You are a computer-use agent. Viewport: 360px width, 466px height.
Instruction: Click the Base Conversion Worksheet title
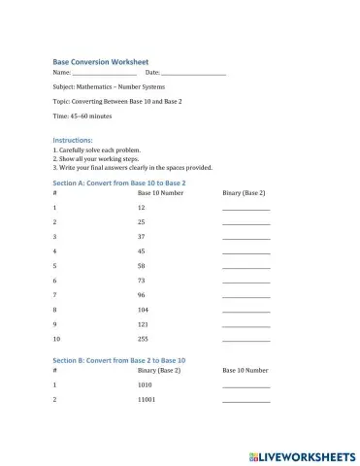click(100, 60)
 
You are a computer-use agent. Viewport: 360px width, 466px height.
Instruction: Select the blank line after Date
click(193, 74)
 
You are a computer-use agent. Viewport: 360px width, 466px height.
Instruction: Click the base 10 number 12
click(142, 208)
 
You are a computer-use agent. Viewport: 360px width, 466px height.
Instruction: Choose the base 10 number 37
click(142, 236)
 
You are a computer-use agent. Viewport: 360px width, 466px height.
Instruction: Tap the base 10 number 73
click(142, 280)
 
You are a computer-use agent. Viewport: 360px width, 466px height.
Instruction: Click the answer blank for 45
click(246, 252)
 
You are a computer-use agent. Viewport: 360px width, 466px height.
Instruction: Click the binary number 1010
click(146, 385)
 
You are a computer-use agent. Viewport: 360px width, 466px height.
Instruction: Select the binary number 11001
click(147, 400)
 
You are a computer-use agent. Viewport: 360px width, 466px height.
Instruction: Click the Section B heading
click(118, 360)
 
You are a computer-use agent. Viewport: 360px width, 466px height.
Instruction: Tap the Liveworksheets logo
click(302, 454)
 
